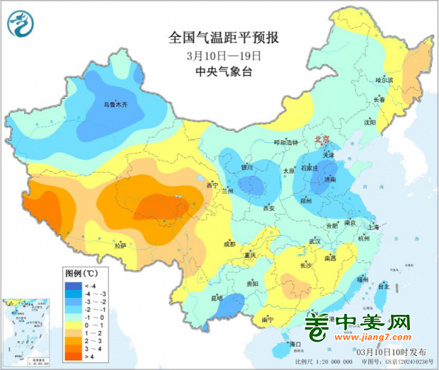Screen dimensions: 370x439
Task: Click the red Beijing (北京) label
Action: (321, 140)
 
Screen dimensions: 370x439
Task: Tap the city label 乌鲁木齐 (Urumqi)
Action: (115, 104)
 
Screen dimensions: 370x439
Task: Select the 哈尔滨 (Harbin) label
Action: (384, 80)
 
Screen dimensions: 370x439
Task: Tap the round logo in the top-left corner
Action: (21, 24)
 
